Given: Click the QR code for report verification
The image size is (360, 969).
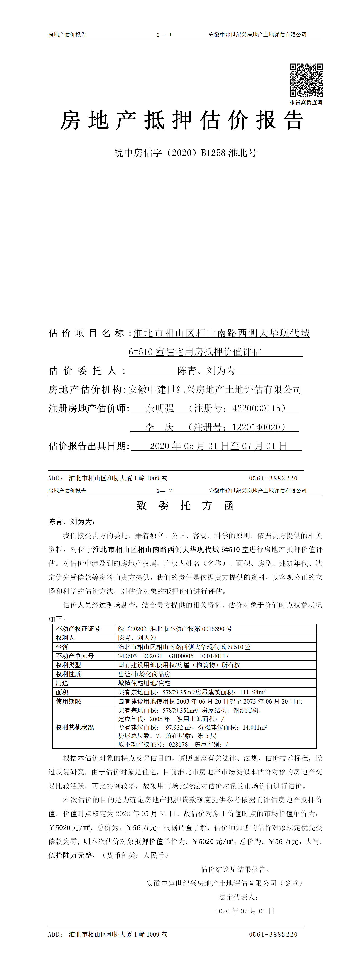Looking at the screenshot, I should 306,80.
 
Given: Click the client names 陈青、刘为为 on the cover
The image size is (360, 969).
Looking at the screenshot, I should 206,370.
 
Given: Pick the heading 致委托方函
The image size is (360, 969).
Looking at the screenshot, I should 185,505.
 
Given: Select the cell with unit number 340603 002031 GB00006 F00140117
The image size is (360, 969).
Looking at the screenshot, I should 173,656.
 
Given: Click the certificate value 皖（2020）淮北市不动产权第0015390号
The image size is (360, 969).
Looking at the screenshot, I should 175,628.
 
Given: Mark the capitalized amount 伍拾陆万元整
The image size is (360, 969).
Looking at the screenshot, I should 70,855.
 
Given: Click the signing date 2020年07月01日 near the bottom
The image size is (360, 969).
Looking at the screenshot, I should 245,911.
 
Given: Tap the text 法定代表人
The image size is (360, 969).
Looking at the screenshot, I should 238,897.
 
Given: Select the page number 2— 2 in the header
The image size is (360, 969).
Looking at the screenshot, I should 164,491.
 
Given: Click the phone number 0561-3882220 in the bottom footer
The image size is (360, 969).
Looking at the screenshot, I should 273,934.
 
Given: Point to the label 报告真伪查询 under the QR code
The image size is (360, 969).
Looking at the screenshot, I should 306,102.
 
